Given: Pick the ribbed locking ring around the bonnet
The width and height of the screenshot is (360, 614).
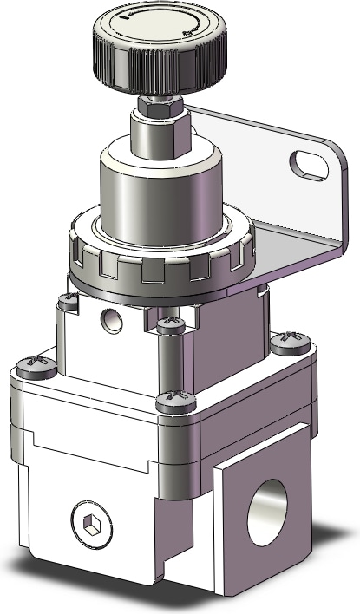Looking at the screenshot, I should coord(161,260).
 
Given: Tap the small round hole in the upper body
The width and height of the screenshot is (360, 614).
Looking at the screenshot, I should coord(109,318).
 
